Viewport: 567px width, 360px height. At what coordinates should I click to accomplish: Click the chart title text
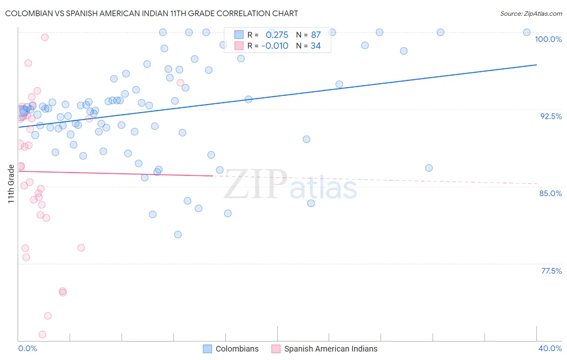(152, 13)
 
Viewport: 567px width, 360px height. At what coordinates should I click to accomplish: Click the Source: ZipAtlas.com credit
(531, 13)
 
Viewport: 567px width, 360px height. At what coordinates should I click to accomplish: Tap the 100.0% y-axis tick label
(548, 39)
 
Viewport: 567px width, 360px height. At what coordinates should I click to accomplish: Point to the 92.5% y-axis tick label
(551, 116)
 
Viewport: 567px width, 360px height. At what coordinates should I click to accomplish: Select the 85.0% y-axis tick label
(550, 193)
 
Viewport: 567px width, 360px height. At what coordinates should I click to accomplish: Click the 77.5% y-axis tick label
(551, 271)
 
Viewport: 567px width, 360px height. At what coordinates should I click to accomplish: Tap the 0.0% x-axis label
(27, 348)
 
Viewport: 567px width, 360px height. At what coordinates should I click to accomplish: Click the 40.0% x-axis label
(550, 348)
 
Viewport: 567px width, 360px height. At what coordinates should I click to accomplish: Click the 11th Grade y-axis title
(11, 184)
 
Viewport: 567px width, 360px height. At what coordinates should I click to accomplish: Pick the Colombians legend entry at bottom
(231, 349)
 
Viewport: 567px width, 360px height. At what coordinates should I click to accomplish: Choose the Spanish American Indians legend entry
(325, 349)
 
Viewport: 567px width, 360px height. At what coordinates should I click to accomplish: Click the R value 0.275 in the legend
(277, 35)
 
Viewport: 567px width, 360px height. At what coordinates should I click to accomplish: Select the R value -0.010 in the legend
(275, 46)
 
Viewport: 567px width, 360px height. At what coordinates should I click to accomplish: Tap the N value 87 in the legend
(316, 35)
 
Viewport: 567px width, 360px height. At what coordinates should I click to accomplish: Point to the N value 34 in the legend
(315, 46)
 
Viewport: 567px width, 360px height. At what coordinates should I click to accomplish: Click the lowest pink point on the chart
(42, 335)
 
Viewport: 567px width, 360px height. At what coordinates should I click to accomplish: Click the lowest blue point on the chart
(178, 234)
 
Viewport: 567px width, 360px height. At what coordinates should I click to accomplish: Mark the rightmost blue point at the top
(527, 32)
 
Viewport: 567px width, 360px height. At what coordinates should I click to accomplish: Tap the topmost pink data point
(45, 37)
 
